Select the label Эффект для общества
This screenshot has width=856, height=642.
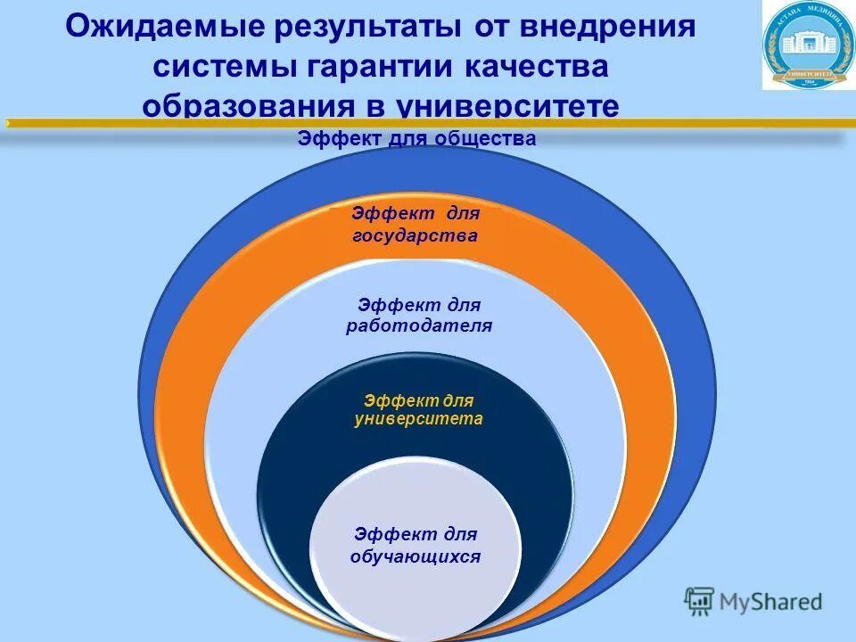point(416,138)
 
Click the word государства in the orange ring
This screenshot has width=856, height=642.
point(416,235)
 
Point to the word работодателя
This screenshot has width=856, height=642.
point(419,325)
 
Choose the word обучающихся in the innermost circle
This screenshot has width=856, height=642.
point(416,556)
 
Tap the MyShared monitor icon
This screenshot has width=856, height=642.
point(699,602)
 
